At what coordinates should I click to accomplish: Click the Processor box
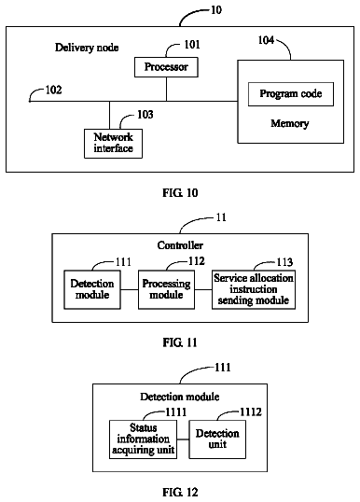[x=166, y=67]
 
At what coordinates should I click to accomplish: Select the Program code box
[x=291, y=94]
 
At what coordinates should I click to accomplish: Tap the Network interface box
[x=113, y=144]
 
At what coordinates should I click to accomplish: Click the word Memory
[x=290, y=123]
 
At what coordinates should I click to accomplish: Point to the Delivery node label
[x=87, y=48]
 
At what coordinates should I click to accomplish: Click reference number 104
[x=266, y=40]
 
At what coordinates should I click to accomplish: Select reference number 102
[x=53, y=90]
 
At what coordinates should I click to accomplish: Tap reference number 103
[x=145, y=114]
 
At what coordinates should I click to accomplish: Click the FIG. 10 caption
[x=180, y=193]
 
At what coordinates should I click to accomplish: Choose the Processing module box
[x=166, y=290]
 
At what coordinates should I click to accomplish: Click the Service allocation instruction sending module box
[x=254, y=290]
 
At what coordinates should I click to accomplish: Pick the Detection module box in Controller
[x=92, y=290]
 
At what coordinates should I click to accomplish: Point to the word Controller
[x=180, y=245]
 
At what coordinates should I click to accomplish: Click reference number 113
[x=284, y=262]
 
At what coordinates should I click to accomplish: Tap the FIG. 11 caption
[x=180, y=342]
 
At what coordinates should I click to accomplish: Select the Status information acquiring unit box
[x=143, y=439]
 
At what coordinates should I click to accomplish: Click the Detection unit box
[x=217, y=439]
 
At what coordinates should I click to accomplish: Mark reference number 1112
[x=251, y=412]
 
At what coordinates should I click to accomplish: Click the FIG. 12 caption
[x=180, y=492]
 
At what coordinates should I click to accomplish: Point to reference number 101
[x=192, y=45]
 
